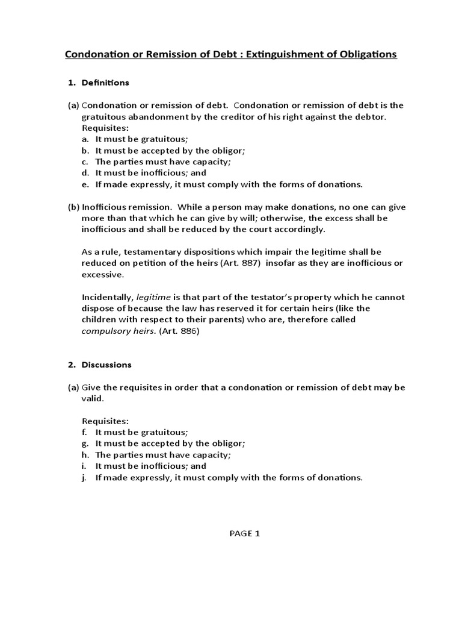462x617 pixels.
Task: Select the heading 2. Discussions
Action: point(99,365)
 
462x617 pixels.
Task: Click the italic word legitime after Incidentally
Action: point(155,297)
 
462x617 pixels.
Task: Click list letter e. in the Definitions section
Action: point(86,184)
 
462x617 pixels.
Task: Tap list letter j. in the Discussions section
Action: point(86,478)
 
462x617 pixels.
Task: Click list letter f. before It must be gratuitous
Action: point(86,432)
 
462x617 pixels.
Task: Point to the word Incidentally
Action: point(108,297)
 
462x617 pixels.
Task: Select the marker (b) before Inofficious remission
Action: point(73,207)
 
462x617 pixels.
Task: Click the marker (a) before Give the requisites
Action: point(73,387)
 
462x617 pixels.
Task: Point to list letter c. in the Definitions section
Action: point(86,161)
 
